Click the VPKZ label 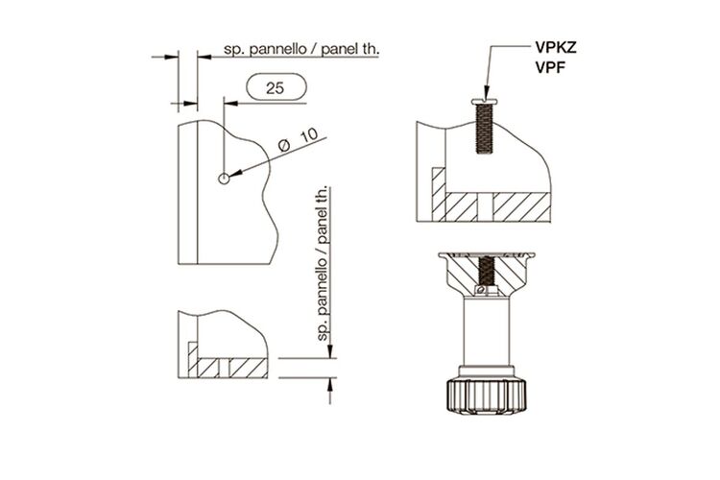(555, 48)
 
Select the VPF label (550, 67)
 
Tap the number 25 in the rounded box (276, 87)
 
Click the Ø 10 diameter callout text (299, 140)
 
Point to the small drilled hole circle (224, 179)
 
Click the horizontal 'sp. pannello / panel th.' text (301, 50)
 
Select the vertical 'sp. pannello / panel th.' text (324, 263)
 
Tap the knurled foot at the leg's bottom (487, 396)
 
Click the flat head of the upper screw (485, 101)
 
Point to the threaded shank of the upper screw (485, 128)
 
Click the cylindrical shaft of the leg (487, 331)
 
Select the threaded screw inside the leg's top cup (487, 271)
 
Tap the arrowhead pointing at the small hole (234, 174)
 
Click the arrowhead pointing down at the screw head (487, 92)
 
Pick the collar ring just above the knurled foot (487, 372)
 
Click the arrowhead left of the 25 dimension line (230, 104)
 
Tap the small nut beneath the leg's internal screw (487, 290)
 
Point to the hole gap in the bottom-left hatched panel (224, 368)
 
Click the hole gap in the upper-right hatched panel (486, 206)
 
